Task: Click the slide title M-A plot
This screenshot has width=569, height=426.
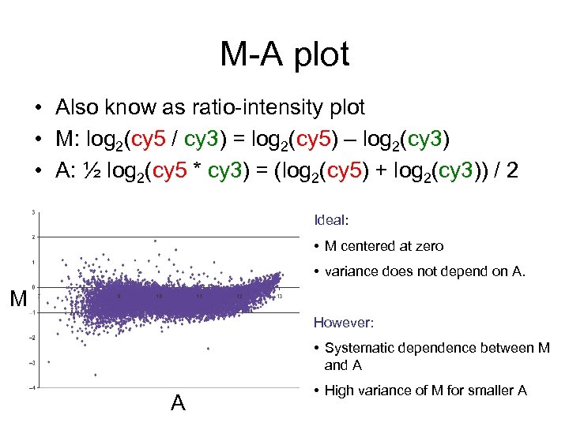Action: [284, 54]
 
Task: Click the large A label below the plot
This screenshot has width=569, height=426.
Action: [178, 403]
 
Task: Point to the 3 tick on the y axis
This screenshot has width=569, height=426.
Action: [32, 211]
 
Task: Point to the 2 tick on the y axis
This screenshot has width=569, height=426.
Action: [32, 237]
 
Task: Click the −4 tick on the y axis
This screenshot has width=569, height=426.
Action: [32, 387]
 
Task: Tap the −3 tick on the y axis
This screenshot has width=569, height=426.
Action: [32, 363]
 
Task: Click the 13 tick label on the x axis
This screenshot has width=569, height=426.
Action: [280, 297]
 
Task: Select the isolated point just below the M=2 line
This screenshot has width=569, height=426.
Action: [155, 241]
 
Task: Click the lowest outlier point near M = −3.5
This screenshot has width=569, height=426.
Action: [96, 376]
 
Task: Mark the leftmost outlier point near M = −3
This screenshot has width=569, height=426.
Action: [49, 362]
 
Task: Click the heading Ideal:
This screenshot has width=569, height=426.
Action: [330, 219]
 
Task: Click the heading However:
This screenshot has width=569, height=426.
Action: [341, 322]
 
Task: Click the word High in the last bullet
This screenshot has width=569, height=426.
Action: [340, 390]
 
